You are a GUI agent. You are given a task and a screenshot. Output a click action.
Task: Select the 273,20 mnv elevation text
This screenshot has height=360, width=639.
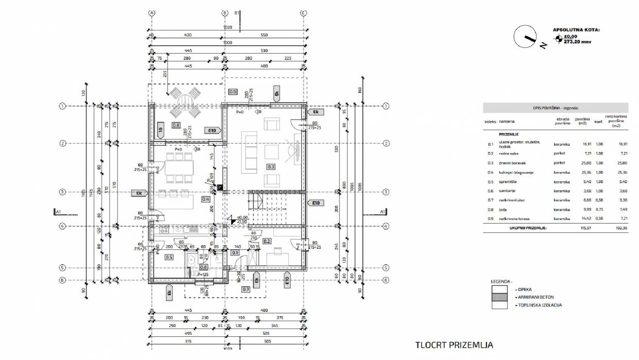tap(577, 42)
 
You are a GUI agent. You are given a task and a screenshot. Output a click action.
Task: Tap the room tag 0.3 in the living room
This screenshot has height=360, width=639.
tap(271, 166)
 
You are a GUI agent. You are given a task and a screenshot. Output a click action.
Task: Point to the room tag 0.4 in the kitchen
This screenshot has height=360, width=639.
tap(206, 199)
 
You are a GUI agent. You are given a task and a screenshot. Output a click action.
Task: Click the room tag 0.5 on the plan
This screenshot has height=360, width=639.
tap(169, 256)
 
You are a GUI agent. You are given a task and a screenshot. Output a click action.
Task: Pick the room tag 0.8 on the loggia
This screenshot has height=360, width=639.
tap(176, 125)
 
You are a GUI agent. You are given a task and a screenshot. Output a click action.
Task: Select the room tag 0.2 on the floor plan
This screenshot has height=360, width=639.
tap(267, 241)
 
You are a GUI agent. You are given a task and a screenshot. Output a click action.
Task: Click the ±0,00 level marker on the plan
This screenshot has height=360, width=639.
tap(242, 217)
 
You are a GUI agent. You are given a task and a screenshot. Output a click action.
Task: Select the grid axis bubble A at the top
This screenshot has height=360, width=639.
tap(152, 13)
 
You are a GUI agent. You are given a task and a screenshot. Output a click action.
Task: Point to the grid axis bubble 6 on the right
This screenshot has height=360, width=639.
tap(385, 280)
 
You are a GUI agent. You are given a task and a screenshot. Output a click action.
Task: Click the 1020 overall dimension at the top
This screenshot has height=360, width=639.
tap(227, 27)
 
